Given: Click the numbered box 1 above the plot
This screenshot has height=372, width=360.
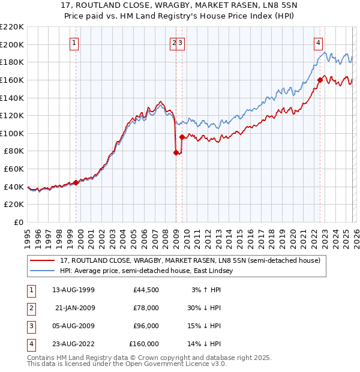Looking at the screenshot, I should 74,43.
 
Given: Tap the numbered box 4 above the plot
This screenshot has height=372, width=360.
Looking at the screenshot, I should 318,43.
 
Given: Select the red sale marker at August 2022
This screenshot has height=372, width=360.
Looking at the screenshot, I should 320,80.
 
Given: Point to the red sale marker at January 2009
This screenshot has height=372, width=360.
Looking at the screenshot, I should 176,152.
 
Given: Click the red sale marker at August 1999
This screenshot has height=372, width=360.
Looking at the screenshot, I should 76,182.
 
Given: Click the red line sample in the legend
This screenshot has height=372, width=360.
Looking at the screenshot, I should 43,260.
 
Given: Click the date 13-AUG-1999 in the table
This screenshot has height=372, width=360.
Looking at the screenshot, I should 73,290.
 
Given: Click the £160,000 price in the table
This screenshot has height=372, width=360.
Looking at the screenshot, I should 144,344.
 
